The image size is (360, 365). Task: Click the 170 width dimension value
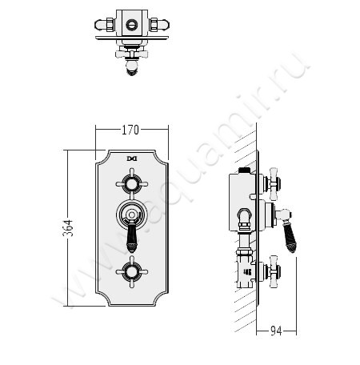(130, 130)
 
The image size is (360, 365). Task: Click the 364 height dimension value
(68, 228)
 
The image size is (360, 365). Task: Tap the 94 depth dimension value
(276, 331)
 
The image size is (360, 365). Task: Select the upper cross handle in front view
(132, 184)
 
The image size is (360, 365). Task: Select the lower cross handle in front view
(132, 272)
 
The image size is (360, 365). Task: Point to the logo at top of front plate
(132, 158)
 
